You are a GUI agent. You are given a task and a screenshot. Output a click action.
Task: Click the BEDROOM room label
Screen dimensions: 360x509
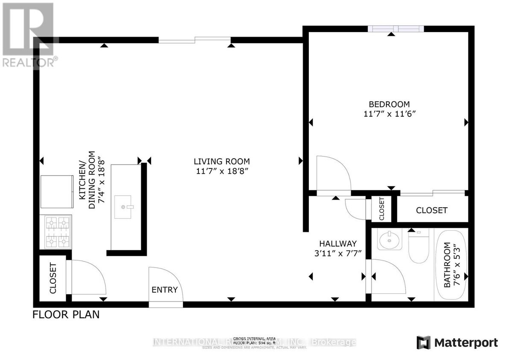pyautogui.click(x=389, y=104)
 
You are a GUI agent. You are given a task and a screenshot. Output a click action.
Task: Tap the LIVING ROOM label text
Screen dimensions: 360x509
pyautogui.click(x=221, y=161)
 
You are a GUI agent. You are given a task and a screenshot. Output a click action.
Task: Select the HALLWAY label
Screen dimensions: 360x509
pyautogui.click(x=338, y=244)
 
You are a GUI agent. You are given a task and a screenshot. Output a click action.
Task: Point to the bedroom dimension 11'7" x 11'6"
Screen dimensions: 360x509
pyautogui.click(x=389, y=114)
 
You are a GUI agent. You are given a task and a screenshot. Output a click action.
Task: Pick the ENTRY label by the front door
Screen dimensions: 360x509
pyautogui.click(x=164, y=290)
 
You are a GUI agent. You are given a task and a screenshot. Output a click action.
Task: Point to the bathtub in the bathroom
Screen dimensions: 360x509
pyautogui.click(x=451, y=264)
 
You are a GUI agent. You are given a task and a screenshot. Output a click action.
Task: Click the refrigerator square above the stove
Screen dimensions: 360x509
pyautogui.click(x=57, y=191)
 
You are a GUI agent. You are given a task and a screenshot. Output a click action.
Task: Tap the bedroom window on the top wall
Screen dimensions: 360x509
pyautogui.click(x=396, y=29)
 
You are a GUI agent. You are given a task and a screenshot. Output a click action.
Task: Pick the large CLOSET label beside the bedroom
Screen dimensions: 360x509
pyautogui.click(x=432, y=210)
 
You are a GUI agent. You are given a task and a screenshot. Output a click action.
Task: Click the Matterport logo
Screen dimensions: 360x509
pyautogui.click(x=457, y=343)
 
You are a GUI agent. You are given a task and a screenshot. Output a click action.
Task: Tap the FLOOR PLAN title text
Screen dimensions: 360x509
pyautogui.click(x=66, y=315)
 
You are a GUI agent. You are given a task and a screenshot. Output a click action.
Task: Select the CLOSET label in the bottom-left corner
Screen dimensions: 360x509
pyautogui.click(x=53, y=279)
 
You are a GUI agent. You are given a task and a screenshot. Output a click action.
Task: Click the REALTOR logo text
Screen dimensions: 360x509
pyautogui.click(x=29, y=62)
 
